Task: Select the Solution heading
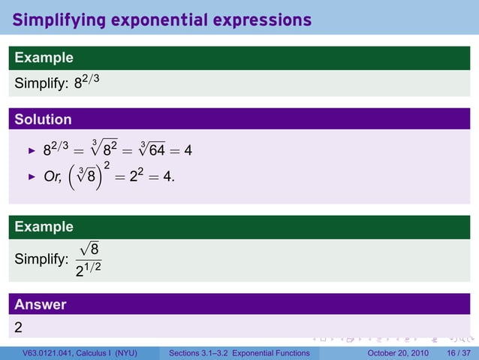click(44, 119)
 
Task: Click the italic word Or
click(53, 177)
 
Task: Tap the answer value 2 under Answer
click(19, 327)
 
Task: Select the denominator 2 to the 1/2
click(89, 268)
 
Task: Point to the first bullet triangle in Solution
click(32, 151)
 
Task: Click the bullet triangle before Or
click(32, 177)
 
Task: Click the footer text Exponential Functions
click(272, 353)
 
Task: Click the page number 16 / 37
click(458, 353)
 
